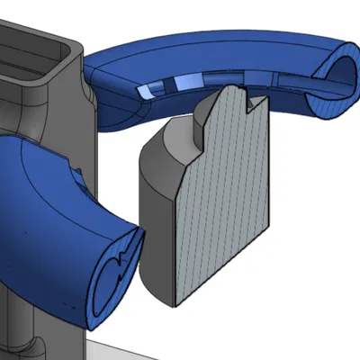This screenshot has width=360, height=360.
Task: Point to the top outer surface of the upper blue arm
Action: point(225,49)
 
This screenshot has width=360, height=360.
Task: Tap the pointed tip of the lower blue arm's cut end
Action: point(141,236)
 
